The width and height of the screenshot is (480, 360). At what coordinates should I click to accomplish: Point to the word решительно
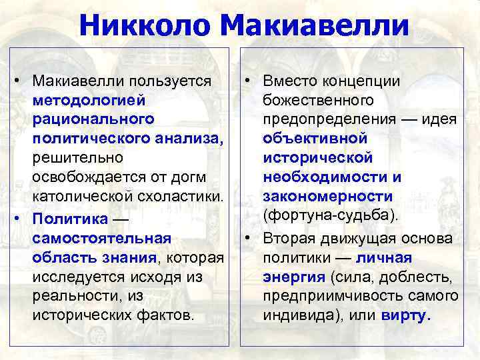[77, 159]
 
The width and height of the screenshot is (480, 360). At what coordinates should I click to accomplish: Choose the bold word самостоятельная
[101, 237]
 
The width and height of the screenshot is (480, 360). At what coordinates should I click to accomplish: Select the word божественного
[317, 101]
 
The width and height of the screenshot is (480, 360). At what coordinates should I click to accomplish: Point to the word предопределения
[328, 120]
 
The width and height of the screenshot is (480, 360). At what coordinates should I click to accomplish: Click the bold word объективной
[315, 139]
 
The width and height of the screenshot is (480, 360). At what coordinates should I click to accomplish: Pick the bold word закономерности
[327, 197]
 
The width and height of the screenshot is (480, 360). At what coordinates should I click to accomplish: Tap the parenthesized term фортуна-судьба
[329, 217]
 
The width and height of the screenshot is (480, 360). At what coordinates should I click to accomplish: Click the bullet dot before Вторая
[247, 238]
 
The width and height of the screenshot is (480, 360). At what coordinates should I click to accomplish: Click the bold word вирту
[405, 315]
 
